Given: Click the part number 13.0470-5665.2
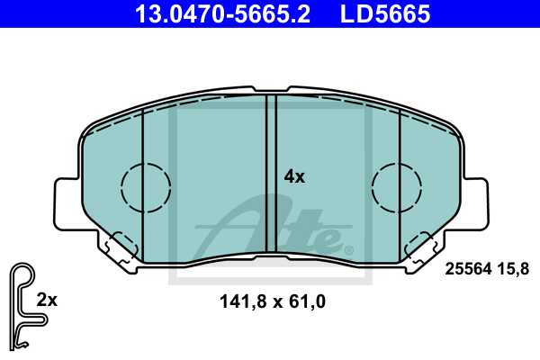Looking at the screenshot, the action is click(x=223, y=13).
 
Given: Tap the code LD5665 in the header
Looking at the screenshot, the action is click(x=385, y=13).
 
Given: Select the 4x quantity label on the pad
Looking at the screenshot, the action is click(x=294, y=176).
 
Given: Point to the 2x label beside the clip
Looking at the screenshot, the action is click(x=47, y=300).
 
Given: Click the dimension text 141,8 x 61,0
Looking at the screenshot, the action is click(x=273, y=301).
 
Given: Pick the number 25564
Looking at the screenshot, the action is click(x=468, y=269).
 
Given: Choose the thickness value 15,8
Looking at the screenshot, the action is click(x=513, y=269).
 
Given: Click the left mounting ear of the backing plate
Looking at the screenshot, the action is click(x=68, y=203).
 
